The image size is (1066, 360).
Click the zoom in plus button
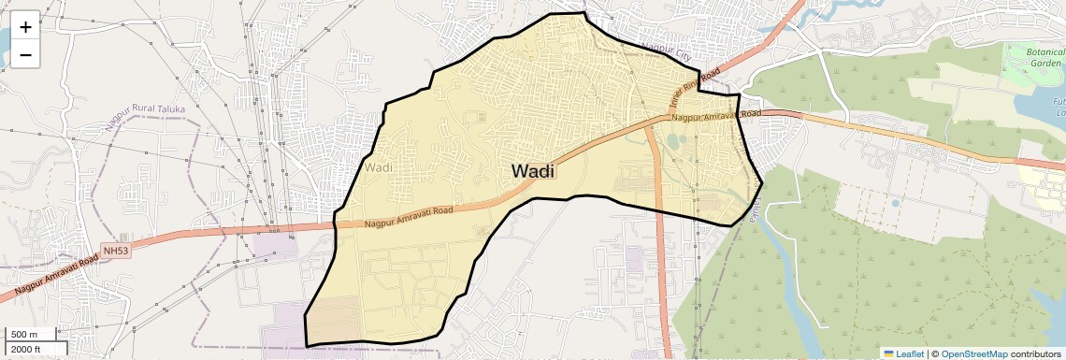click(x=25, y=27)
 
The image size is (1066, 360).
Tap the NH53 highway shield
click(x=115, y=251)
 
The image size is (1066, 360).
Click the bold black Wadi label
click(x=533, y=171)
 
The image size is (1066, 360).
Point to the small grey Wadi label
click(x=381, y=167)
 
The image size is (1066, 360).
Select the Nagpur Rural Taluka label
click(x=146, y=109)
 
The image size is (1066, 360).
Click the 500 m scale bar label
click(x=24, y=335)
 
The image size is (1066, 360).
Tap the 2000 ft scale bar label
click(x=27, y=350)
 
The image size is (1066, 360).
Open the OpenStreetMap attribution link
click(x=973, y=353)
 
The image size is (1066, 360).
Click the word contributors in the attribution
click(x=1036, y=353)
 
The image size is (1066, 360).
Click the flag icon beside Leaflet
click(x=888, y=353)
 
